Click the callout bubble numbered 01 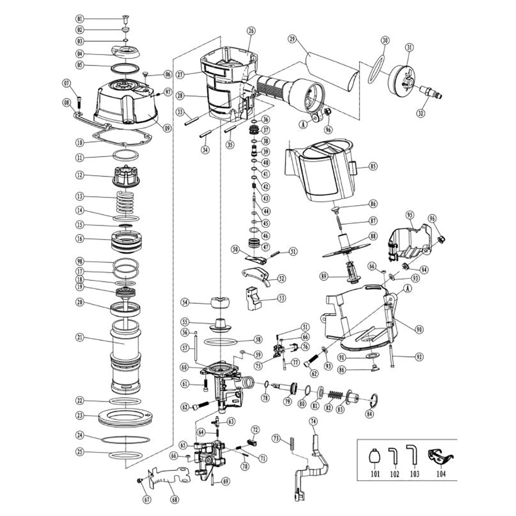pyautogui.click(x=80, y=19)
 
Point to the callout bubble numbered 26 pyautogui.click(x=251, y=31)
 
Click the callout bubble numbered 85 pyautogui.click(x=373, y=166)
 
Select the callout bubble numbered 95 pyautogui.click(x=410, y=215)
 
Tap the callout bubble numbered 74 pyautogui.click(x=313, y=422)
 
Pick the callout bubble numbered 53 pyautogui.click(x=282, y=298)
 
